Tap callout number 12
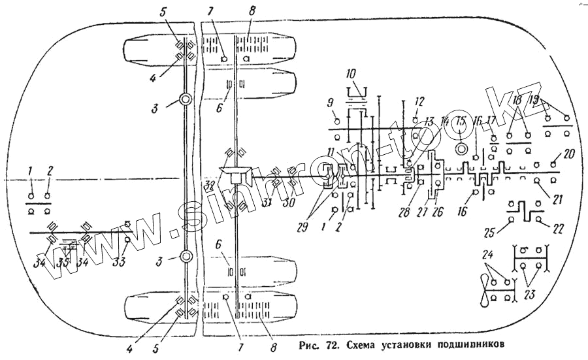tap(419, 101)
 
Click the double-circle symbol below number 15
tap(461, 148)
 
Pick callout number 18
tap(517, 100)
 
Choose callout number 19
tap(534, 100)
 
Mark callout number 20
tap(568, 154)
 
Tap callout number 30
tap(288, 203)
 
